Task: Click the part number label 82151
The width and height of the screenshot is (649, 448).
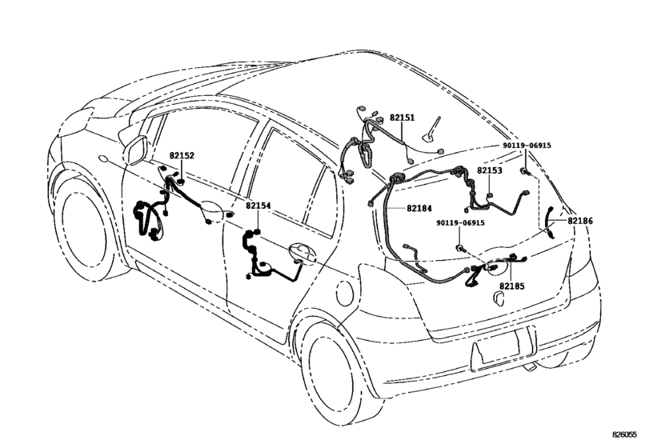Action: [402, 118]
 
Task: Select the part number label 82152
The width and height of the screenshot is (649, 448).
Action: [182, 155]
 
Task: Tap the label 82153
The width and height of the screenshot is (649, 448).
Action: [490, 170]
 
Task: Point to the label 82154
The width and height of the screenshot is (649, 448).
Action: [258, 206]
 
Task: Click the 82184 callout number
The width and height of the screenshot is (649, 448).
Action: [419, 209]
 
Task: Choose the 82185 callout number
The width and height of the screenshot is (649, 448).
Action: [511, 286]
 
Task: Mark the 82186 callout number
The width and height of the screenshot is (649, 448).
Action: [580, 221]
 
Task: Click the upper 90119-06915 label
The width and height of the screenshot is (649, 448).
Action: [527, 146]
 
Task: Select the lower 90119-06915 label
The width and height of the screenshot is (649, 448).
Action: [460, 223]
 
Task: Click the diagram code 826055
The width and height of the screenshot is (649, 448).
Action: [624, 434]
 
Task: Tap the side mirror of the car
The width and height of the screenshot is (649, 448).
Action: [136, 149]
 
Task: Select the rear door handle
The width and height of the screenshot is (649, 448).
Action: [302, 253]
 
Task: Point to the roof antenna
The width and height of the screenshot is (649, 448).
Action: [431, 130]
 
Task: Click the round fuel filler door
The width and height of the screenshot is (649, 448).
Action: [345, 293]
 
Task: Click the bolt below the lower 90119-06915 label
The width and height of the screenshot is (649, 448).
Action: [460, 248]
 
